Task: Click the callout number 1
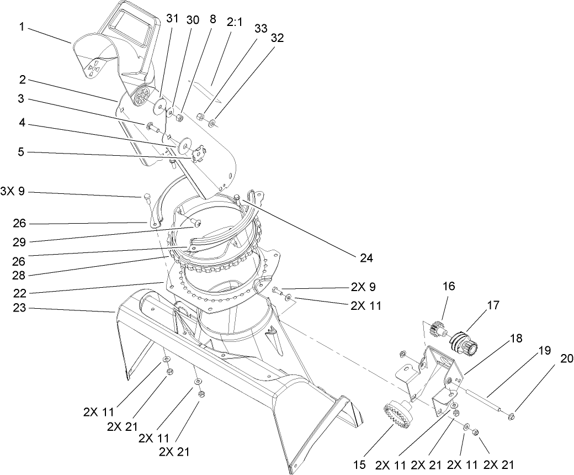point(22,27)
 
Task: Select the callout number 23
point(20,309)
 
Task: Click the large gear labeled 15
point(396,414)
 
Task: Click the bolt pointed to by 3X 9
point(147,197)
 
